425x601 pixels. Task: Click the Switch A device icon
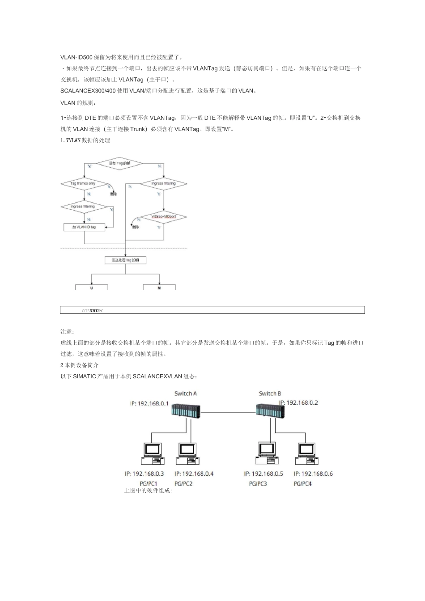point(186,410)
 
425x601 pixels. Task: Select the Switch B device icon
point(270,410)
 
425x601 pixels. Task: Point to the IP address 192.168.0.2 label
point(298,402)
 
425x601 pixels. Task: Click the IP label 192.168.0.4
point(194,474)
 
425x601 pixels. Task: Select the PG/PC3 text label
point(258,483)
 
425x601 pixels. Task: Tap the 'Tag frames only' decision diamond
point(84,184)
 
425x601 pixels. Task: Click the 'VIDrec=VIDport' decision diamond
point(164,217)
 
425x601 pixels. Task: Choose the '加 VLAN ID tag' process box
point(85,227)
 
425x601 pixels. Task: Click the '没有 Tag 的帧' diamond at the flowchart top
point(120,164)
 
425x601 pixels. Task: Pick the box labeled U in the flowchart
point(92,287)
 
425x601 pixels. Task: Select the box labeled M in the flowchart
point(159,287)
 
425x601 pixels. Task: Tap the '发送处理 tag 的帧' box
point(125,260)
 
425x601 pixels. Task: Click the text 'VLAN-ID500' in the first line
point(76,57)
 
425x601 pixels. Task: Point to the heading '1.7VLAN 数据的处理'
point(85,140)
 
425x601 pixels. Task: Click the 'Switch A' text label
point(186,394)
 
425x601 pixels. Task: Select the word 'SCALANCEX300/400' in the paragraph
point(88,91)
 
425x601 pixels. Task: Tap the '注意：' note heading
point(68,331)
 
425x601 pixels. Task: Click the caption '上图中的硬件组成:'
point(148,490)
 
